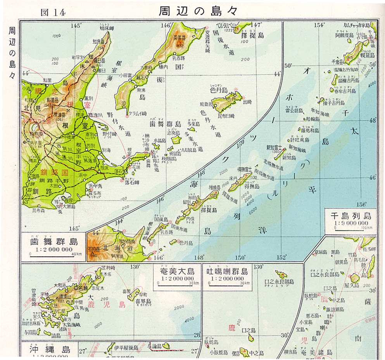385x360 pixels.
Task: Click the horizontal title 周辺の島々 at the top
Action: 198,10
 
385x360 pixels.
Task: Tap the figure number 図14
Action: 53,12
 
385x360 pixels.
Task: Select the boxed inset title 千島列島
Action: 350,215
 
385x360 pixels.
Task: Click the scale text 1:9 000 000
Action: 350,223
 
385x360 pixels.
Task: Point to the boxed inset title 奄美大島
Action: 176,271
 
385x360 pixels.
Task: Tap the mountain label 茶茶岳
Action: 180,38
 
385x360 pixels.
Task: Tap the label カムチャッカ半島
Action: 355,25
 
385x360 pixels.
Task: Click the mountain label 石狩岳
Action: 95,246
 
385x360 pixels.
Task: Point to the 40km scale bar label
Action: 79,254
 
